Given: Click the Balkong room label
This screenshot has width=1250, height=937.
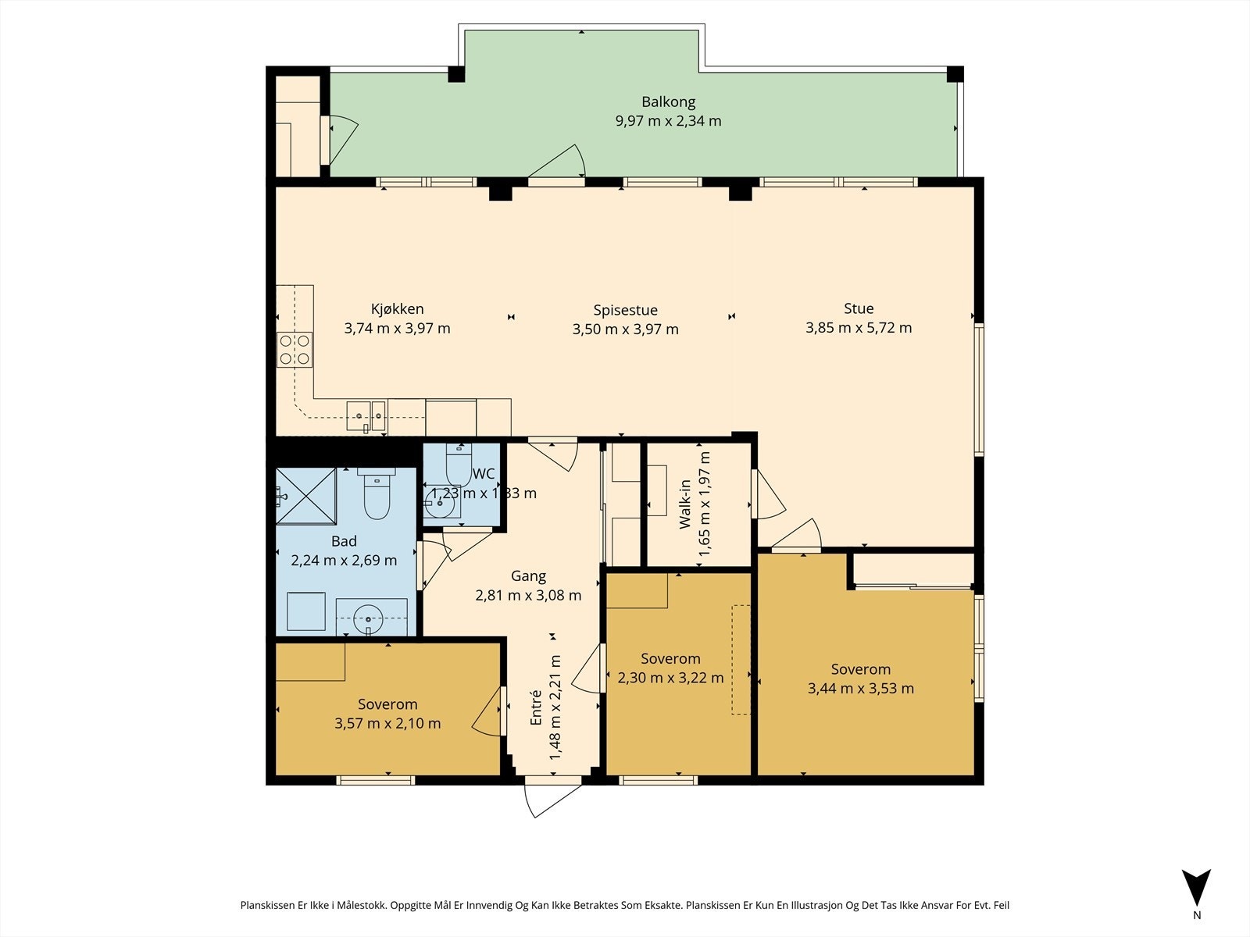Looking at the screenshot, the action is point(668,102).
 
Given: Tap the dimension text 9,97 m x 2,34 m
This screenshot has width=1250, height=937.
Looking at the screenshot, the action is point(668,121).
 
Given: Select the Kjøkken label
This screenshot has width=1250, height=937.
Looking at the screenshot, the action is point(398,309).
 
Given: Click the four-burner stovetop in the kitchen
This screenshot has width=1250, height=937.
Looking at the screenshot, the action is point(295,349).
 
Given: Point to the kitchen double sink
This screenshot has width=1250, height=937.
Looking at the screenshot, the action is point(366,416).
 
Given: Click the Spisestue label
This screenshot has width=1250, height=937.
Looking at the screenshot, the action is point(625,311).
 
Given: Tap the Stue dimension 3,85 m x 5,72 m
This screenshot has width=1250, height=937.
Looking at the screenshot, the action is point(858,328).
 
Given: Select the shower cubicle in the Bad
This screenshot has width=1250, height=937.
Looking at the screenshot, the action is point(306,495).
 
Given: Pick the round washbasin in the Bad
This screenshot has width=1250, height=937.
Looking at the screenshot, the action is point(368,619).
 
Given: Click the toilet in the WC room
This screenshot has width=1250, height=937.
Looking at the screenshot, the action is point(459,465).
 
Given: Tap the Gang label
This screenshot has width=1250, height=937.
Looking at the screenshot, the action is point(528,576).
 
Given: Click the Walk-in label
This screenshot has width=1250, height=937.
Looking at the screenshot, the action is point(685,504).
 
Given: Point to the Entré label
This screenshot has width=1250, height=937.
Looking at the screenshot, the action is point(535,707).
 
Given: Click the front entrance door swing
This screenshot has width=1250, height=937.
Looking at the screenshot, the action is point(552,800).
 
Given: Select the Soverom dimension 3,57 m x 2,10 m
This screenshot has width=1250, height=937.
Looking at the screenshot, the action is point(387,724).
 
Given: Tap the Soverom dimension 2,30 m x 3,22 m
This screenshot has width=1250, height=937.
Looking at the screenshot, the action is point(671,678).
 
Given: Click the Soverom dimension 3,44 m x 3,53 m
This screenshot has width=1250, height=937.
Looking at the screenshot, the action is point(860,689).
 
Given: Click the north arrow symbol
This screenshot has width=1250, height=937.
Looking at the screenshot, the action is point(1196,888).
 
